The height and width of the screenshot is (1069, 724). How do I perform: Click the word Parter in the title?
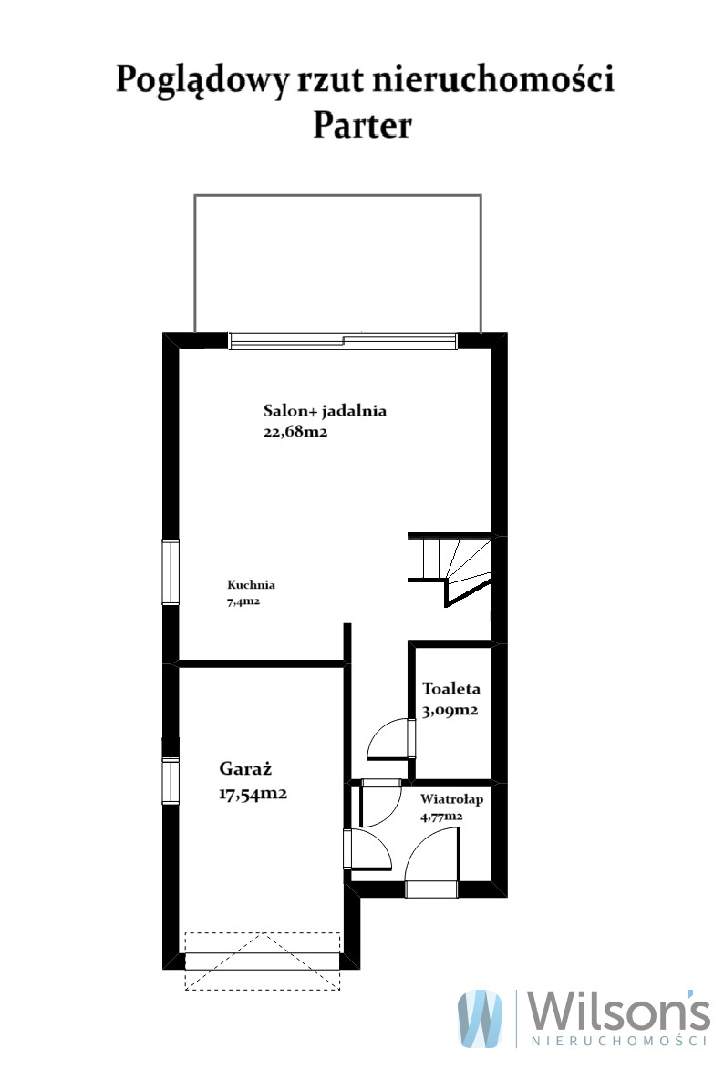(362, 126)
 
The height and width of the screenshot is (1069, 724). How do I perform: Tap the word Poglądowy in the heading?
(202, 81)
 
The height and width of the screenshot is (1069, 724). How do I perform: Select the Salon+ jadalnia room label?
(325, 410)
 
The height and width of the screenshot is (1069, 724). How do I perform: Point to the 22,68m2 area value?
(295, 432)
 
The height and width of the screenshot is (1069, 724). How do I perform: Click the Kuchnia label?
(251, 584)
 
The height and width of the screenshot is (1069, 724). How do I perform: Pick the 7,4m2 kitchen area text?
(243, 601)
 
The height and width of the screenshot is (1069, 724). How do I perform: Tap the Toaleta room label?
(451, 689)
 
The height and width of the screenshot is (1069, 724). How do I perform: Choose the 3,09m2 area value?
(450, 711)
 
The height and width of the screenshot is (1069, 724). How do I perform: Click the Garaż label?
(245, 768)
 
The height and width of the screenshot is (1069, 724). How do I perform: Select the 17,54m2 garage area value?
(253, 794)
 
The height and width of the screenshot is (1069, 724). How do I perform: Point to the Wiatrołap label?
(451, 799)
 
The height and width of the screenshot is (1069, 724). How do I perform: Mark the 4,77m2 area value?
(441, 816)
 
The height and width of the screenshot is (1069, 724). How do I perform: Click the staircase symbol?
(450, 569)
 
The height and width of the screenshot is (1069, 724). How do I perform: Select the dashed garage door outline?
(263, 961)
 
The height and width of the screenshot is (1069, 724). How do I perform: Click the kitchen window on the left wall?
(171, 571)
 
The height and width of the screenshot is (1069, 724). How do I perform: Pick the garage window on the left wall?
(171, 781)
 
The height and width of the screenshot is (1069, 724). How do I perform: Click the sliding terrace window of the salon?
(343, 341)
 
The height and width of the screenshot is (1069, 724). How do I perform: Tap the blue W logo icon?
(481, 1018)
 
